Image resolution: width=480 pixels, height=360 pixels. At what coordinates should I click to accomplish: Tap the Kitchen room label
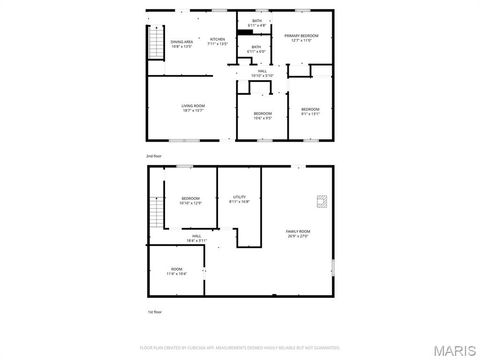pos(218,41)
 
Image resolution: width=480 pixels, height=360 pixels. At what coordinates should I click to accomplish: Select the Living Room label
pos(193,108)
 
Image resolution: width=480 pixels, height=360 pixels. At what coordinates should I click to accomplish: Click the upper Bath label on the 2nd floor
pos(257,23)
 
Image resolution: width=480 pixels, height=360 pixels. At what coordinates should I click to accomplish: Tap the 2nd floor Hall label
pos(261,73)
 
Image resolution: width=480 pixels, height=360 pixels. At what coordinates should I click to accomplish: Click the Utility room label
pos(239,200)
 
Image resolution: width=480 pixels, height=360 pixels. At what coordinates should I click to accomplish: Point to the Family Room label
pos(298,235)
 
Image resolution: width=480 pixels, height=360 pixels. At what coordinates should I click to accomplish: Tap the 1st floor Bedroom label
pos(190,201)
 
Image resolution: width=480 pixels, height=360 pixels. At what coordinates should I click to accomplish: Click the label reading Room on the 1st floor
pos(176,271)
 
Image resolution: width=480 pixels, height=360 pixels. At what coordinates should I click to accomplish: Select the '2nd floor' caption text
pos(153,157)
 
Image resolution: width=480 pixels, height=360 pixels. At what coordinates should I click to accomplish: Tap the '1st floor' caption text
pos(153,314)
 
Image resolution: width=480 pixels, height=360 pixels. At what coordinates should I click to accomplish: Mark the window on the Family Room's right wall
pos(333,266)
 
